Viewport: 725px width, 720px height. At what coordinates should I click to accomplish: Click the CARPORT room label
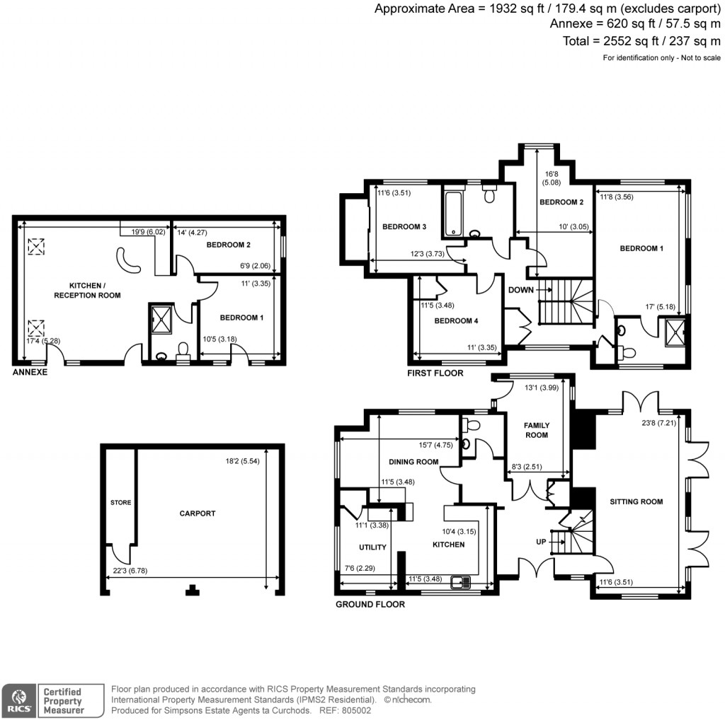pos(197,513)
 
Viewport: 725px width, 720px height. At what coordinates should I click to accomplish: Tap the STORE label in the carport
pos(120,503)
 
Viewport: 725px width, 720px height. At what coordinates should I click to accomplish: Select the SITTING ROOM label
pos(636,501)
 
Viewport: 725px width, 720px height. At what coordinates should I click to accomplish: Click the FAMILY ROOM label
pos(536,430)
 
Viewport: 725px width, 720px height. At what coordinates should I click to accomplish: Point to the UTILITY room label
pos(372,547)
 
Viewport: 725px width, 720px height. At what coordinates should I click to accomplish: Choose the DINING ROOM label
pos(413,462)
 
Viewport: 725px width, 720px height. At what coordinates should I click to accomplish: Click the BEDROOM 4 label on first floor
pos(456,320)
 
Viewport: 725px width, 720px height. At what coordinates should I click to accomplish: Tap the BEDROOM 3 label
pos(404,226)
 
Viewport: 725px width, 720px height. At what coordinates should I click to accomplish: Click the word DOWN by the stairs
pos(520,290)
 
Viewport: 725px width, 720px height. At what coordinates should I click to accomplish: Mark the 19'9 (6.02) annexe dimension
pos(143,231)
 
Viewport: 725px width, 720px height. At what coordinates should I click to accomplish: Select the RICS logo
pos(18,699)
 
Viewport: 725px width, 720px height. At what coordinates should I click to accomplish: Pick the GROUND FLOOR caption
pos(370,604)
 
